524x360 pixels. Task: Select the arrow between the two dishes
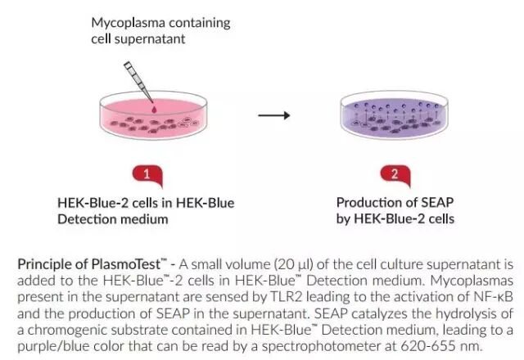(x=274, y=115)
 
